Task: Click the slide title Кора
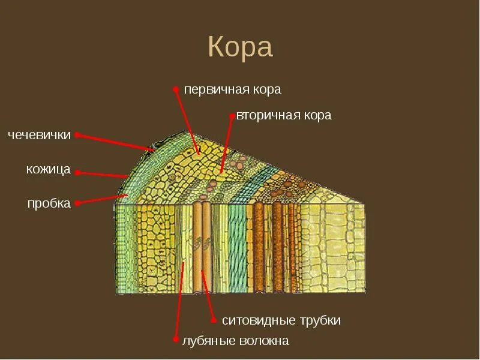(240, 47)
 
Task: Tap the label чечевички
(40, 135)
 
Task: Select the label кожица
(49, 170)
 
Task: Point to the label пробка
(49, 203)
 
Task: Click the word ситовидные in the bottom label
(256, 320)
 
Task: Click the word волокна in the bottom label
(262, 341)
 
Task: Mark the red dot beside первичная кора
(176, 89)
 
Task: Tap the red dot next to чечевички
(77, 135)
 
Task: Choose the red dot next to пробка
(77, 203)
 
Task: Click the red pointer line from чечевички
(117, 142)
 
